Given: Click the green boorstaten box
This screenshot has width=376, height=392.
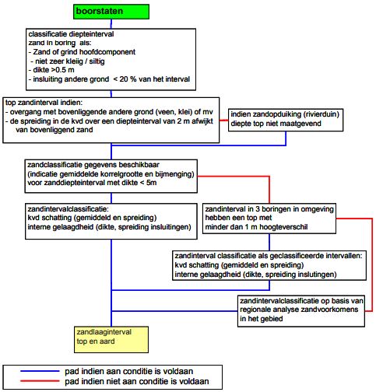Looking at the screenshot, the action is [111, 12].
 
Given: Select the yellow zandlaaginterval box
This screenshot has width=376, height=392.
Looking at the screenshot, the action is [111, 340].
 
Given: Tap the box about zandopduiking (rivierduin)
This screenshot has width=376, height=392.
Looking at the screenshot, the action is [286, 120].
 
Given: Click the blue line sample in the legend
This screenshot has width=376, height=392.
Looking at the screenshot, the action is [40, 371].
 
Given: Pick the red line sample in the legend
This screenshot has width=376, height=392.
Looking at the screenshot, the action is [40, 381].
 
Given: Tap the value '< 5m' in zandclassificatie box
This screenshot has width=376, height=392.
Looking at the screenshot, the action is [148, 183].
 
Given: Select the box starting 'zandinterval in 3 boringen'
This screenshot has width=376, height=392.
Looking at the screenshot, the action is [269, 219].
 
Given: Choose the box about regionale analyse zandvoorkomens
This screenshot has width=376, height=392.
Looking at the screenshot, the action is [301, 311].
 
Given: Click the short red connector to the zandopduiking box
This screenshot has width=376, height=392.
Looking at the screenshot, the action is [223, 121].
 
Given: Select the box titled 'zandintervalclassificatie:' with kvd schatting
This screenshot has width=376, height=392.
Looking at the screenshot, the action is [111, 221].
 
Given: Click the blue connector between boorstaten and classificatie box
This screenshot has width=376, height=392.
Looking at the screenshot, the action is [111, 24].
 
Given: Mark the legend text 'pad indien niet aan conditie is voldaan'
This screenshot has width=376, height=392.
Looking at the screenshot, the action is [137, 381].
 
